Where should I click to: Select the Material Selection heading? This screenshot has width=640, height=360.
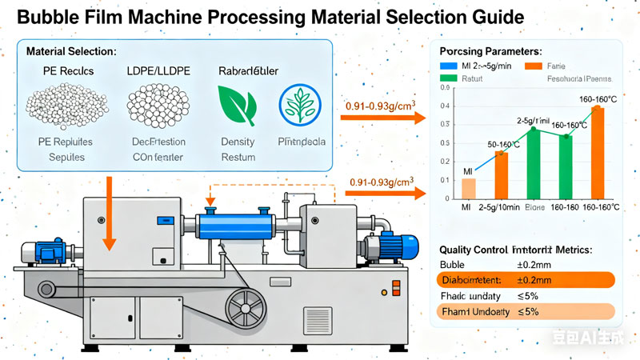point(71,51)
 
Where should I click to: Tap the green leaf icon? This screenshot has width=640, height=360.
point(237,106)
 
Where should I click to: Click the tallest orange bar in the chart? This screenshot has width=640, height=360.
point(597,152)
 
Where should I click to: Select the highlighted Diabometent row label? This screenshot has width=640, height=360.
point(475,280)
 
